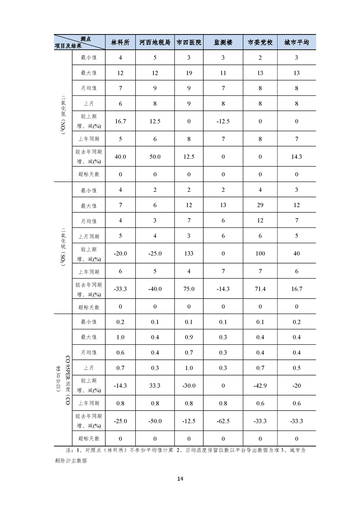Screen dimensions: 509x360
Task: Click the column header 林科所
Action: click(120, 42)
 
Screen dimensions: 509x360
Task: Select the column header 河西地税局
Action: click(155, 42)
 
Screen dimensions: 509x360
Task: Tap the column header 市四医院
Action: click(189, 42)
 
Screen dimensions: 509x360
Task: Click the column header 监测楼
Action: click(223, 42)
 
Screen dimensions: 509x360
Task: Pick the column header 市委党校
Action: click(260, 42)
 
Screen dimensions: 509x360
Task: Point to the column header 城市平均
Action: click(296, 42)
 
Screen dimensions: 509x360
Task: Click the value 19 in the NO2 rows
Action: click(189, 73)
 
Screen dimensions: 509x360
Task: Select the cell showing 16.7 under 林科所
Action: click(120, 121)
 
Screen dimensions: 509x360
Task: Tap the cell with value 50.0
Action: click(155, 157)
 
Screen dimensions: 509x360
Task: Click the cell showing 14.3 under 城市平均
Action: click(296, 157)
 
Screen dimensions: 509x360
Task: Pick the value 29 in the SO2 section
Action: click(260, 206)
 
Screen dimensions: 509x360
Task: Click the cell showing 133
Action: click(189, 254)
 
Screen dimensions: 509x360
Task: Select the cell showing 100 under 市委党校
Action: click(260, 254)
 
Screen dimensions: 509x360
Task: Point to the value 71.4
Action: click(260, 289)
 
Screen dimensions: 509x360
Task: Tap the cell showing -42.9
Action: click(260, 385)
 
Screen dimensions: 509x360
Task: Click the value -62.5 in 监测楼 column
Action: click(223, 421)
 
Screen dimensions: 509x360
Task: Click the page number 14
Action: click(180, 479)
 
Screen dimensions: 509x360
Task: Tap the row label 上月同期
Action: click(89, 236)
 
